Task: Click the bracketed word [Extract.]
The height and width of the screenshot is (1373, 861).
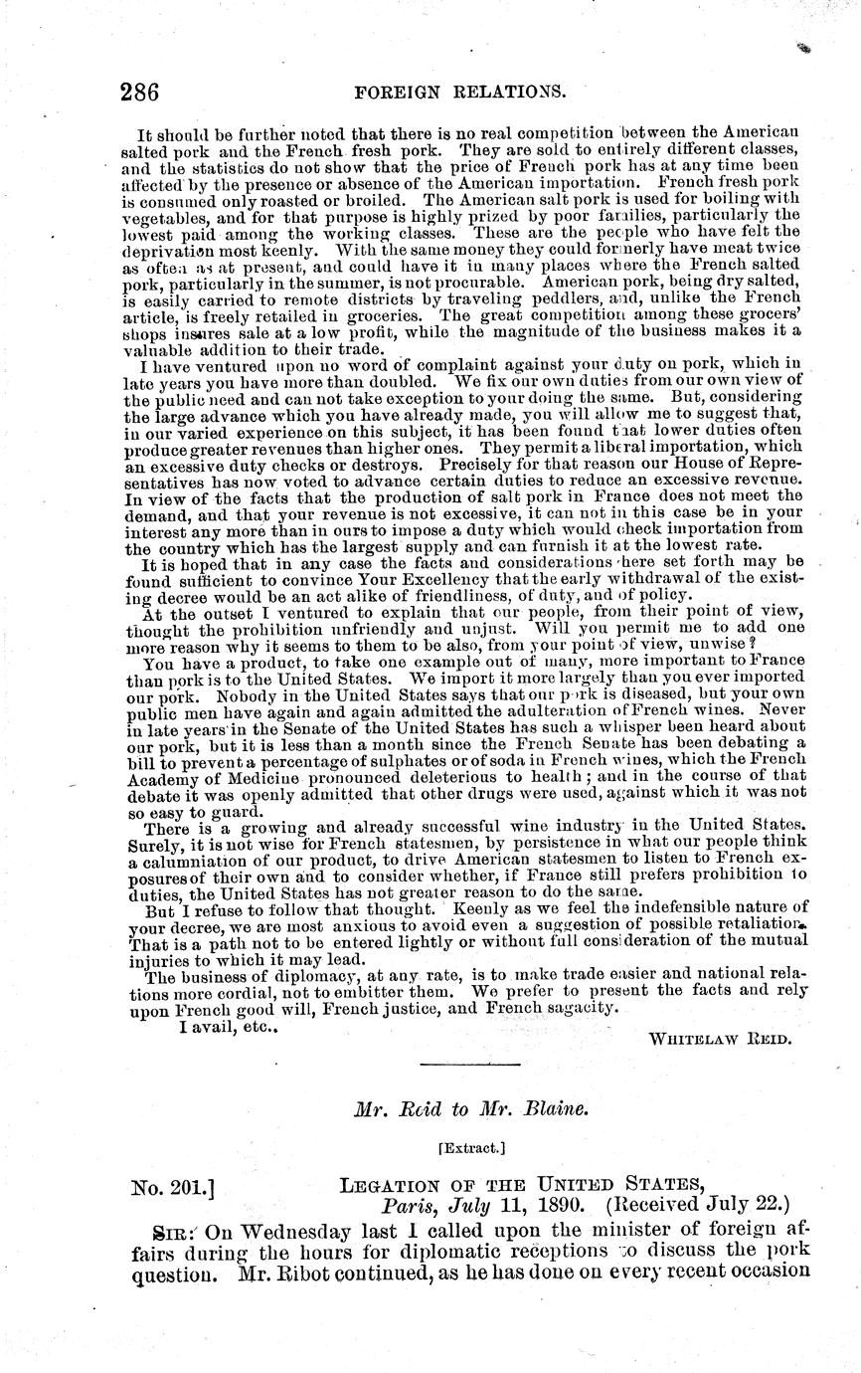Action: [x=471, y=1147]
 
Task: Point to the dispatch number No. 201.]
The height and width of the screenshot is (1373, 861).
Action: [x=175, y=1186]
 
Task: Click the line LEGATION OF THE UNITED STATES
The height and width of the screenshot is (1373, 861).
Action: [x=521, y=1186]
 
